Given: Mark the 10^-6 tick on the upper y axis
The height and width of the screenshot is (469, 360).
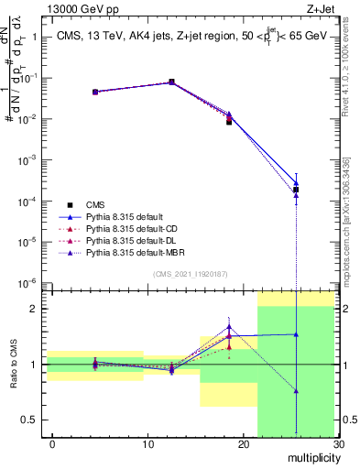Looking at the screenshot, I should tap(27, 282).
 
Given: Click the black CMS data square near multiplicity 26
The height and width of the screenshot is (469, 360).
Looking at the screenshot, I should tap(296, 190).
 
